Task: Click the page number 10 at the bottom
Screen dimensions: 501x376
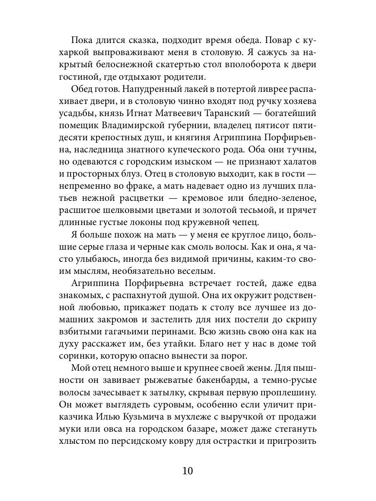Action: coord(188,471)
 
